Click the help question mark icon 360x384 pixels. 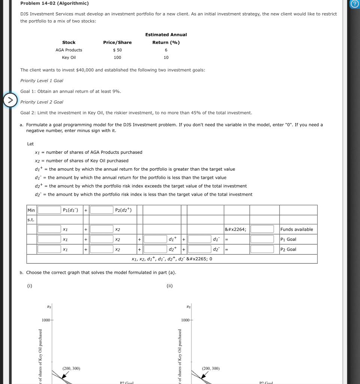click(x=354, y=4)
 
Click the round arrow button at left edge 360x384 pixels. click(x=10, y=100)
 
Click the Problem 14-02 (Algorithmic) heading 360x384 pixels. click(x=54, y=3)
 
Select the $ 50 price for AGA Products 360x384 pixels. click(x=117, y=50)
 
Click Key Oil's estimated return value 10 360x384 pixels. click(x=166, y=57)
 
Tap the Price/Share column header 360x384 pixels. click(x=117, y=42)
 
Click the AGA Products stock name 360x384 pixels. click(x=69, y=50)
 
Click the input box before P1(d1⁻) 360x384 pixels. click(x=49, y=210)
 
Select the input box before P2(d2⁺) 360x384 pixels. click(x=102, y=210)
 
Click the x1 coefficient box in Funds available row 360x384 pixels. click(x=49, y=229)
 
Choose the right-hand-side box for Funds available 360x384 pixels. click(x=262, y=229)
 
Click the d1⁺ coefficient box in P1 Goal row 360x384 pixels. click(x=155, y=239)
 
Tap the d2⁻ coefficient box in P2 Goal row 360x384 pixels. click(x=199, y=249)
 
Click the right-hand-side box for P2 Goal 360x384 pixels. click(x=262, y=249)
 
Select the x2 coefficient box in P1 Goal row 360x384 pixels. click(x=102, y=239)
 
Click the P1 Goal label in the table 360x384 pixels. click(x=288, y=239)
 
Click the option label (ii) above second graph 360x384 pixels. click(x=170, y=286)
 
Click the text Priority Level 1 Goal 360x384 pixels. click(x=42, y=81)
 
